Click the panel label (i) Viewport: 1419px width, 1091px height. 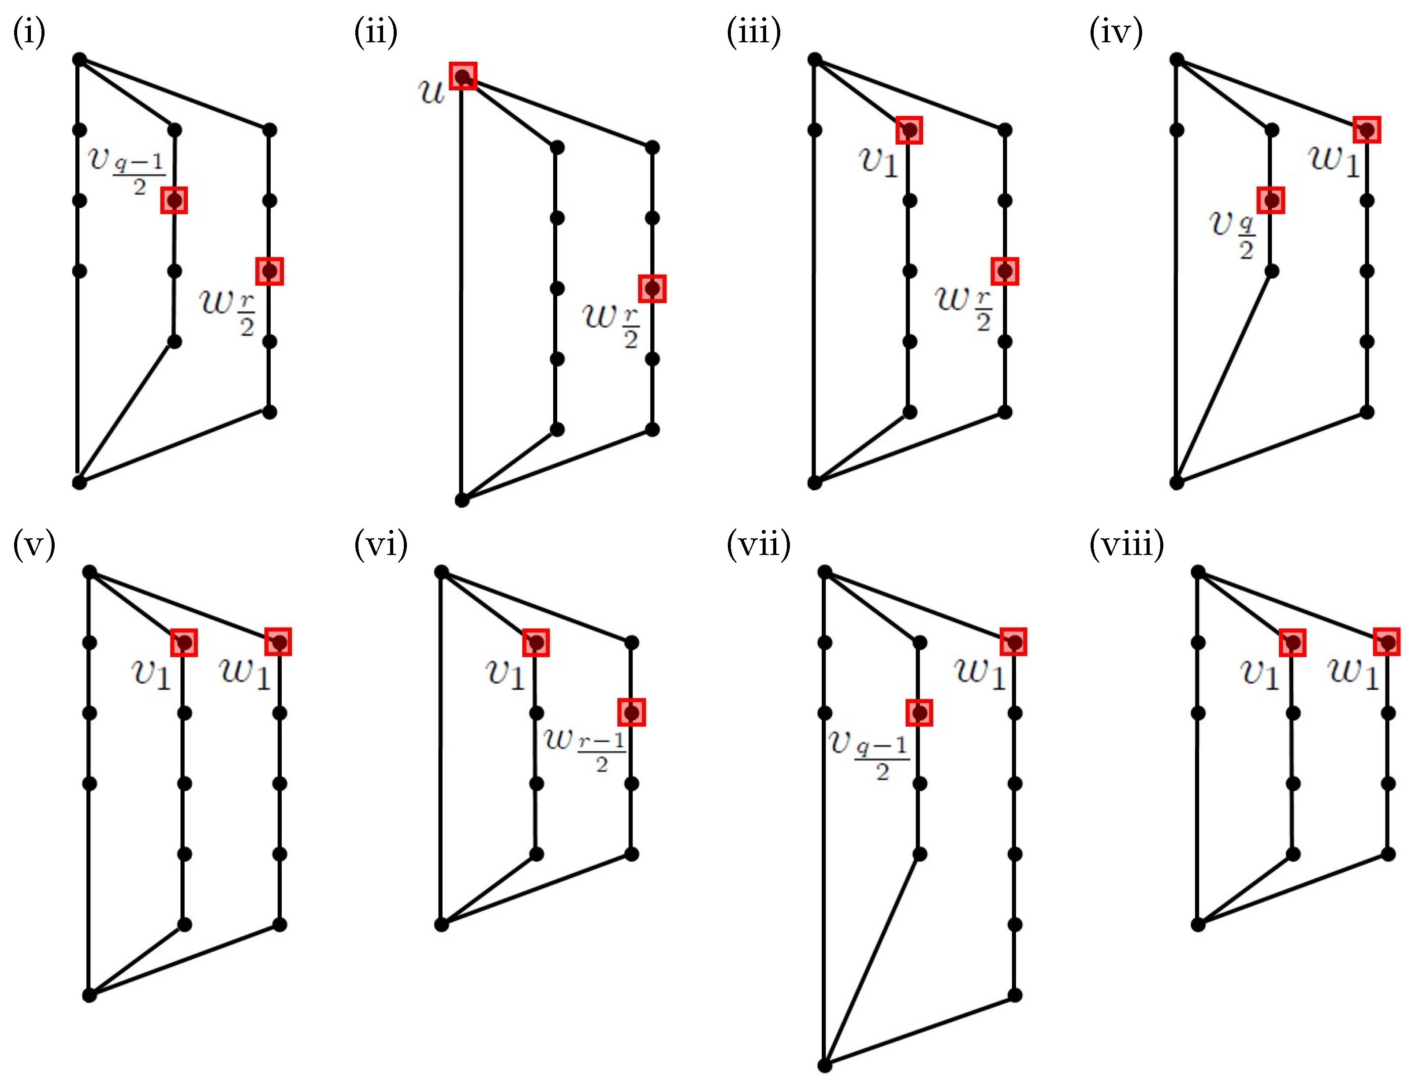pos(29,32)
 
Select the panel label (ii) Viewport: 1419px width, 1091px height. pos(376,32)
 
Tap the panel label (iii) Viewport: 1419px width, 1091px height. pos(753,32)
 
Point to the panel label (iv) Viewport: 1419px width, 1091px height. pos(1116,32)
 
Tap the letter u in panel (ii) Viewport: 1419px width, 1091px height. pos(431,92)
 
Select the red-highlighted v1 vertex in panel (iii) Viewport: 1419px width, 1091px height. pos(909,130)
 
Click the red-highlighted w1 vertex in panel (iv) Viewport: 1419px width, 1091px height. pos(1367,130)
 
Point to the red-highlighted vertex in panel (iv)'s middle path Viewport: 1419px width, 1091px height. pos(1271,200)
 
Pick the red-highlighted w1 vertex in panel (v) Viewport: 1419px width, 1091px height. pos(279,642)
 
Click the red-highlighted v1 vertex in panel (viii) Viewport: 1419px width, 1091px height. pos(1292,642)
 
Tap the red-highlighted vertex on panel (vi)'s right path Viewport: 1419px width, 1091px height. pos(631,712)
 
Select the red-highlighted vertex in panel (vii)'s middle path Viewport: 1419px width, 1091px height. pos(919,712)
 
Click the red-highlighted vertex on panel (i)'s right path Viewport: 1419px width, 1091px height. pos(269,271)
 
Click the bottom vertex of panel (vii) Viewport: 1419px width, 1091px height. pos(824,1065)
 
